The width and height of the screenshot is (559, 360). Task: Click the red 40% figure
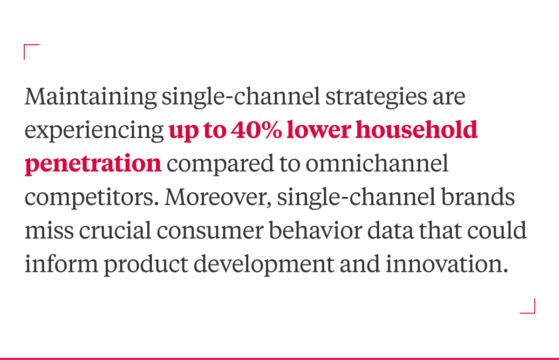(256, 130)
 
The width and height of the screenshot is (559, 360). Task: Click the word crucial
(115, 230)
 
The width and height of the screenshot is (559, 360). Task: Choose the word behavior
(315, 230)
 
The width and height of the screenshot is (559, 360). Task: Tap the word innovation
(447, 264)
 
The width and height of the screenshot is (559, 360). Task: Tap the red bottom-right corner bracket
(535, 313)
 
